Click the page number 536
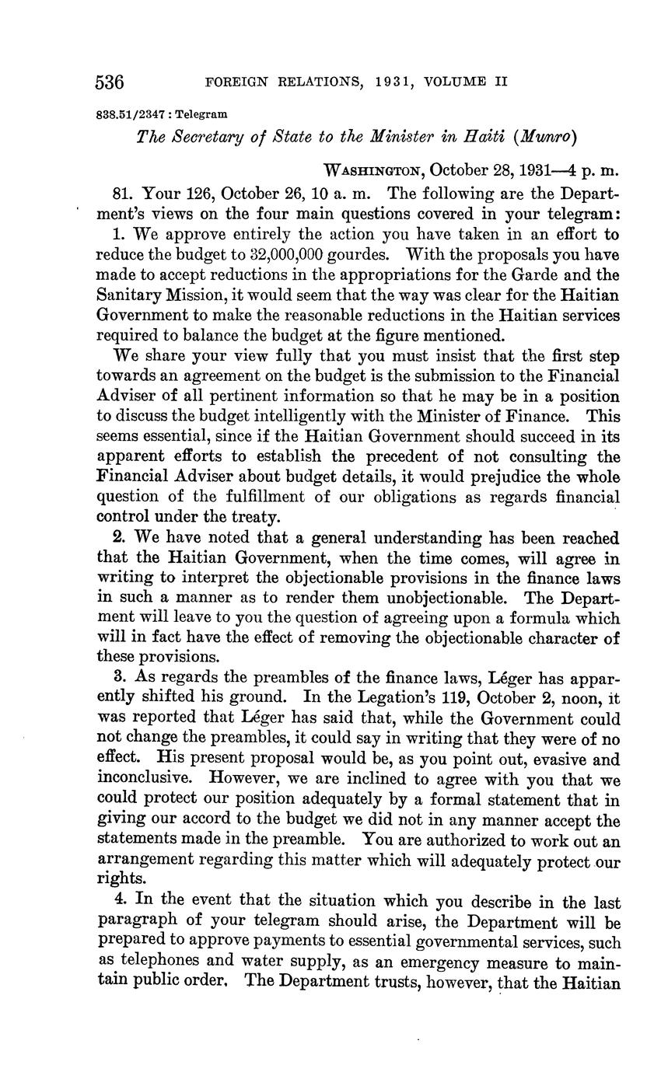110,82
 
